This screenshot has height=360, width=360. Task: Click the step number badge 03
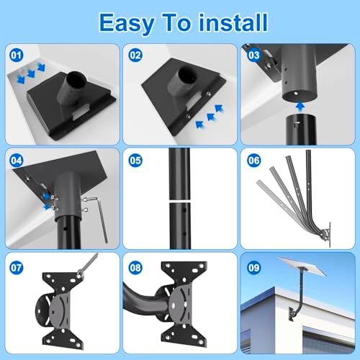tap(253, 54)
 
